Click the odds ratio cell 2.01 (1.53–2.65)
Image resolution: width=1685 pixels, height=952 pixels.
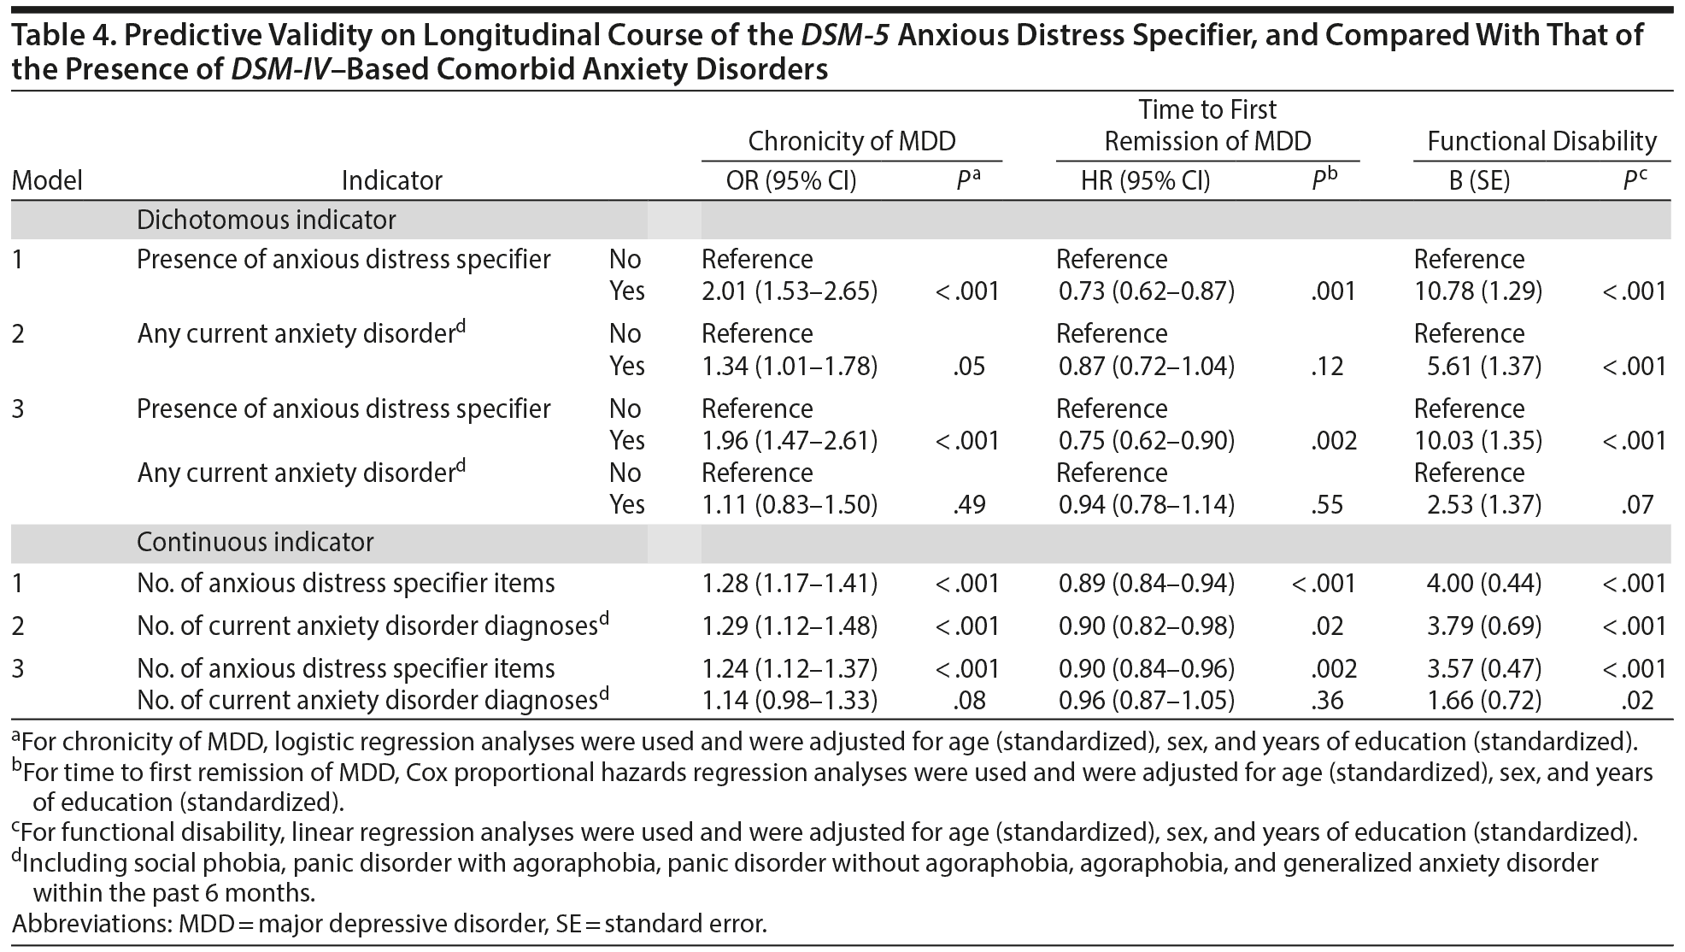tap(789, 291)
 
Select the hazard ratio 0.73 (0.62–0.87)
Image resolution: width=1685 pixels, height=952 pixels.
tap(1146, 291)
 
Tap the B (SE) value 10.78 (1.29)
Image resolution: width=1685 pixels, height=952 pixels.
tap(1477, 291)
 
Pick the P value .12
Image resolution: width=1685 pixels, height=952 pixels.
tap(1326, 367)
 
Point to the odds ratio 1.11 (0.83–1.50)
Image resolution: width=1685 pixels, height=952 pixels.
tap(789, 505)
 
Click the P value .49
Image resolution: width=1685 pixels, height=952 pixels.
tap(968, 505)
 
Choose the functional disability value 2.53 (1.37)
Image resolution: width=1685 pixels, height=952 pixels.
tap(1483, 505)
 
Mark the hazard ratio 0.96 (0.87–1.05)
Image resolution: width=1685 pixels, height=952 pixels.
tap(1146, 701)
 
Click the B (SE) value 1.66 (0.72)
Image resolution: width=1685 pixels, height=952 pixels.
tap(1483, 701)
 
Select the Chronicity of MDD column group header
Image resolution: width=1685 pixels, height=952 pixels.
tap(851, 141)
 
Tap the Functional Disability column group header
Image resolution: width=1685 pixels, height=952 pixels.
tap(1541, 141)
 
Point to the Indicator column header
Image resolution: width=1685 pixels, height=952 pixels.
tap(391, 181)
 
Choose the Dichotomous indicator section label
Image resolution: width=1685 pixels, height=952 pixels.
tap(266, 220)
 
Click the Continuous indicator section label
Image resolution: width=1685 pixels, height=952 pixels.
tap(255, 543)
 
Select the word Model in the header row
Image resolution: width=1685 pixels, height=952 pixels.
tap(47, 181)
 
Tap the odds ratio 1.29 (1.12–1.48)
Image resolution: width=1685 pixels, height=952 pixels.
tap(789, 626)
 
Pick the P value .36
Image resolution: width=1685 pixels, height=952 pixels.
tap(1326, 701)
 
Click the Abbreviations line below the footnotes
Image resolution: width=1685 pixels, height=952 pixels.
tap(389, 924)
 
